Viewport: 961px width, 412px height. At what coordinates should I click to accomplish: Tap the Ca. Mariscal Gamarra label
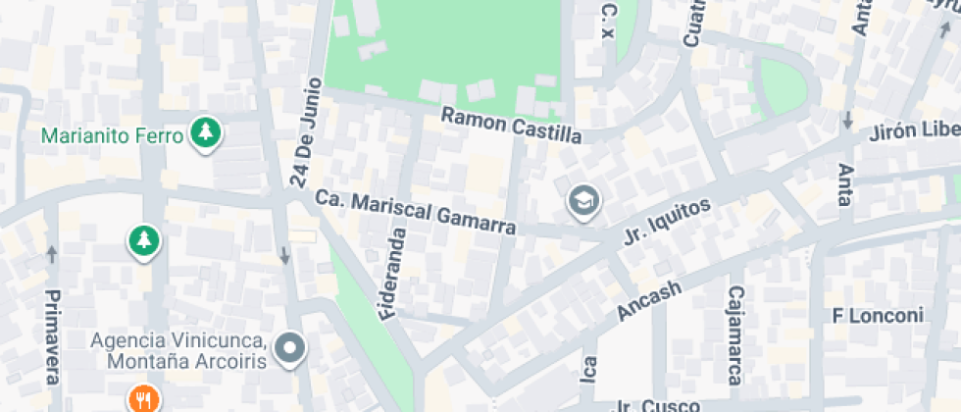[x=416, y=211]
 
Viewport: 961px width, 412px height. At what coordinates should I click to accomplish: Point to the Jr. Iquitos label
[x=666, y=221]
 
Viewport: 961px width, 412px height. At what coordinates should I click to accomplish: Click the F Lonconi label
[x=878, y=316]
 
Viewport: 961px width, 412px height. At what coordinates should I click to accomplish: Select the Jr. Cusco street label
[x=659, y=405]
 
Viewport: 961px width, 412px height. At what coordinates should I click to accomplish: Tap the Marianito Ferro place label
[x=114, y=135]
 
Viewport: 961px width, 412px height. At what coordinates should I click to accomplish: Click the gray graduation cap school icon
[x=584, y=202]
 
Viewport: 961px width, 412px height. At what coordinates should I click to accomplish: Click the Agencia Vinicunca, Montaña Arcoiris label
[x=178, y=350]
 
